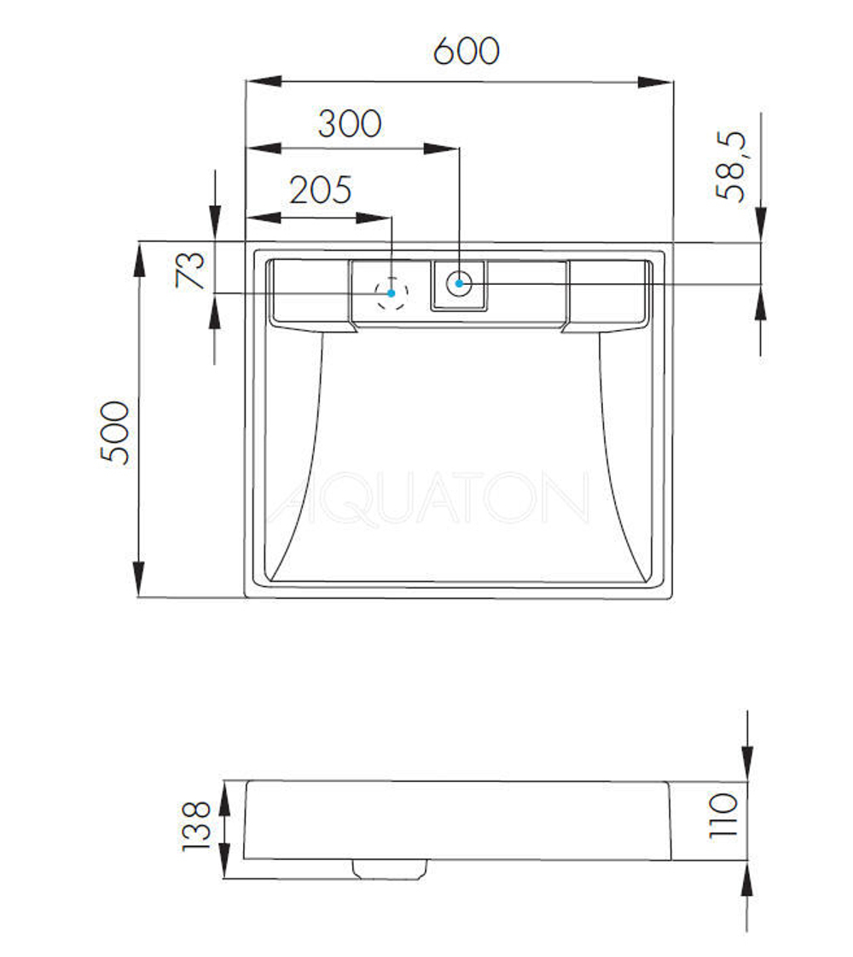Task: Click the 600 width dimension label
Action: pos(466,51)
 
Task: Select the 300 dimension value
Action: pos(350,124)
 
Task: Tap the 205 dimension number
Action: pos(320,190)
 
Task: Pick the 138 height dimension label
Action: pos(196,826)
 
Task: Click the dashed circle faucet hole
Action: pos(392,293)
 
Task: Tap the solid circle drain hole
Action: pos(459,282)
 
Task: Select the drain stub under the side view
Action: pos(389,868)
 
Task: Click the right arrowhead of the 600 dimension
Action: pos(655,82)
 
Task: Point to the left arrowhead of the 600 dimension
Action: pos(264,81)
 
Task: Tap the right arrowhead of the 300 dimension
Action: pos(443,148)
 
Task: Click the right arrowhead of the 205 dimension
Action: pos(374,217)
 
